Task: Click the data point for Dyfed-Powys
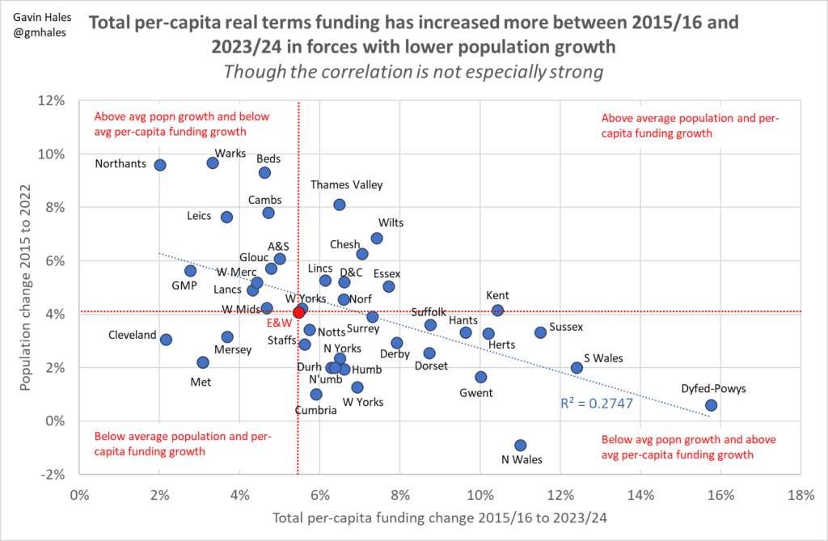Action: tap(711, 405)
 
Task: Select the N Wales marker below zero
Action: tap(520, 445)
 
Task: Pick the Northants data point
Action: tap(160, 165)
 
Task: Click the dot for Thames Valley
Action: tap(340, 205)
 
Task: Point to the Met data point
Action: tap(203, 362)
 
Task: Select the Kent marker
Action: tap(497, 311)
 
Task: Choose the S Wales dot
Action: tap(577, 367)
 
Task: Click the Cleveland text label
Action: tap(133, 335)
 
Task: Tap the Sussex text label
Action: tap(565, 328)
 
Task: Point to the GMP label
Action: tap(185, 285)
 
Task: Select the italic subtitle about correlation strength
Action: tap(413, 71)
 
